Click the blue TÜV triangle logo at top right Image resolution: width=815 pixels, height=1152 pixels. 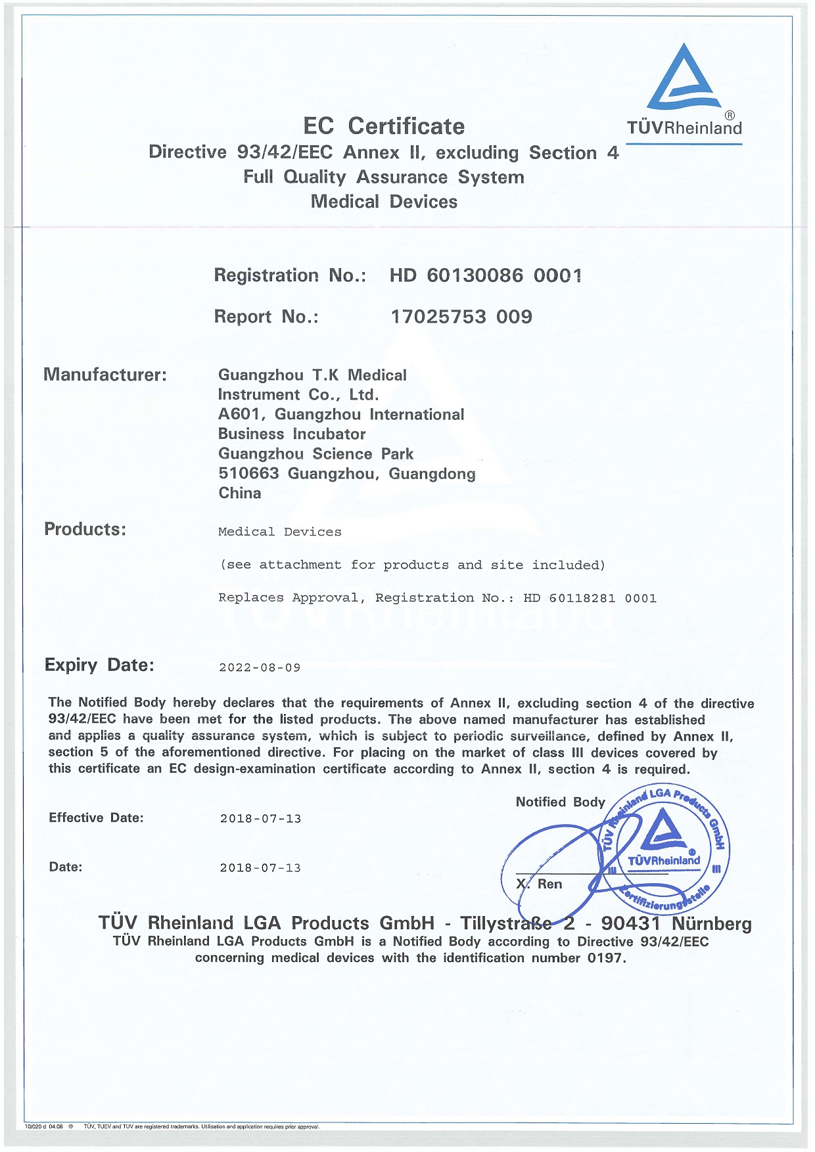[x=684, y=79]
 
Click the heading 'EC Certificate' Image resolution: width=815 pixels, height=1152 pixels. [x=384, y=126]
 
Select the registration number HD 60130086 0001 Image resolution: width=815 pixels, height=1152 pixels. [x=485, y=275]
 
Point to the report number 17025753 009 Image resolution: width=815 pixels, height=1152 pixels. [x=461, y=317]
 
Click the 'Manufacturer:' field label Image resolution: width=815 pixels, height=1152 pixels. [x=105, y=375]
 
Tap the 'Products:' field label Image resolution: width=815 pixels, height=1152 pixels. [x=85, y=529]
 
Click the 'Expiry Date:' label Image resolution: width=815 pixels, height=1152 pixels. [x=99, y=665]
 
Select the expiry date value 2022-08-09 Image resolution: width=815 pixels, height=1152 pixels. [x=260, y=668]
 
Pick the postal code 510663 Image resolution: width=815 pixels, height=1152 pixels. [x=248, y=474]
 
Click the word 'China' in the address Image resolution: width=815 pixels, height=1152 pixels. [x=240, y=494]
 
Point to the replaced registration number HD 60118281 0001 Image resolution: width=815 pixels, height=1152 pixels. [x=590, y=598]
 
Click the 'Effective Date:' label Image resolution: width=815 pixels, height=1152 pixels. [x=96, y=818]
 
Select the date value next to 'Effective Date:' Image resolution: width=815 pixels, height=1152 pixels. [x=260, y=819]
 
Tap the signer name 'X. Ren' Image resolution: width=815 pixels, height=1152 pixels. [x=540, y=884]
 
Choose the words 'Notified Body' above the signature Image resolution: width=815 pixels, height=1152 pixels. [x=560, y=802]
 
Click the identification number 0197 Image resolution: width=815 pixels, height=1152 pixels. [x=605, y=958]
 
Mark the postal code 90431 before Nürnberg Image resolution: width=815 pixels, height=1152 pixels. [x=630, y=923]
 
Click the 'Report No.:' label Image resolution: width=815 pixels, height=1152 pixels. [x=266, y=317]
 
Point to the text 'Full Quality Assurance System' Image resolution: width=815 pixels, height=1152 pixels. [x=384, y=177]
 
